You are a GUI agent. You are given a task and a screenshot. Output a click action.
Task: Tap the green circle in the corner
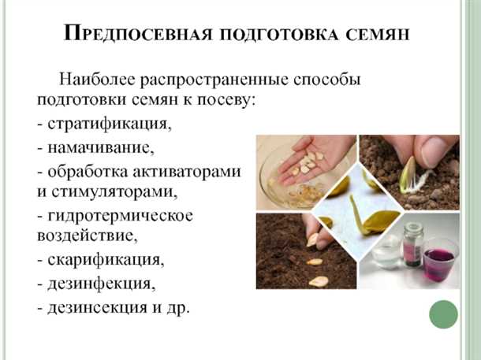[x=443, y=314]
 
